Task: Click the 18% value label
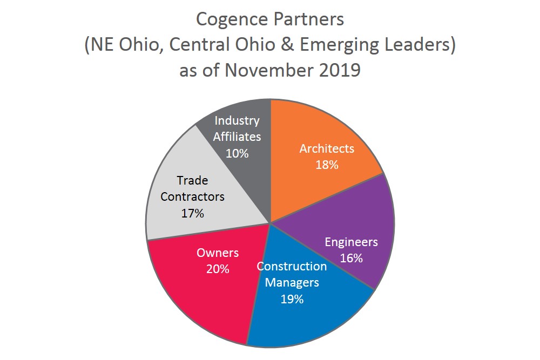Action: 327,165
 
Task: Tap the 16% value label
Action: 351,257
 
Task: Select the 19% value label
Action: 292,298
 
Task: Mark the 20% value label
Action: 217,268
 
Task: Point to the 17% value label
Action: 192,213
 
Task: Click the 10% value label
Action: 237,153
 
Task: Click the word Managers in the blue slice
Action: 292,282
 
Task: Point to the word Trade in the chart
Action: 192,180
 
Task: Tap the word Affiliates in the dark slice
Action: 237,137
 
